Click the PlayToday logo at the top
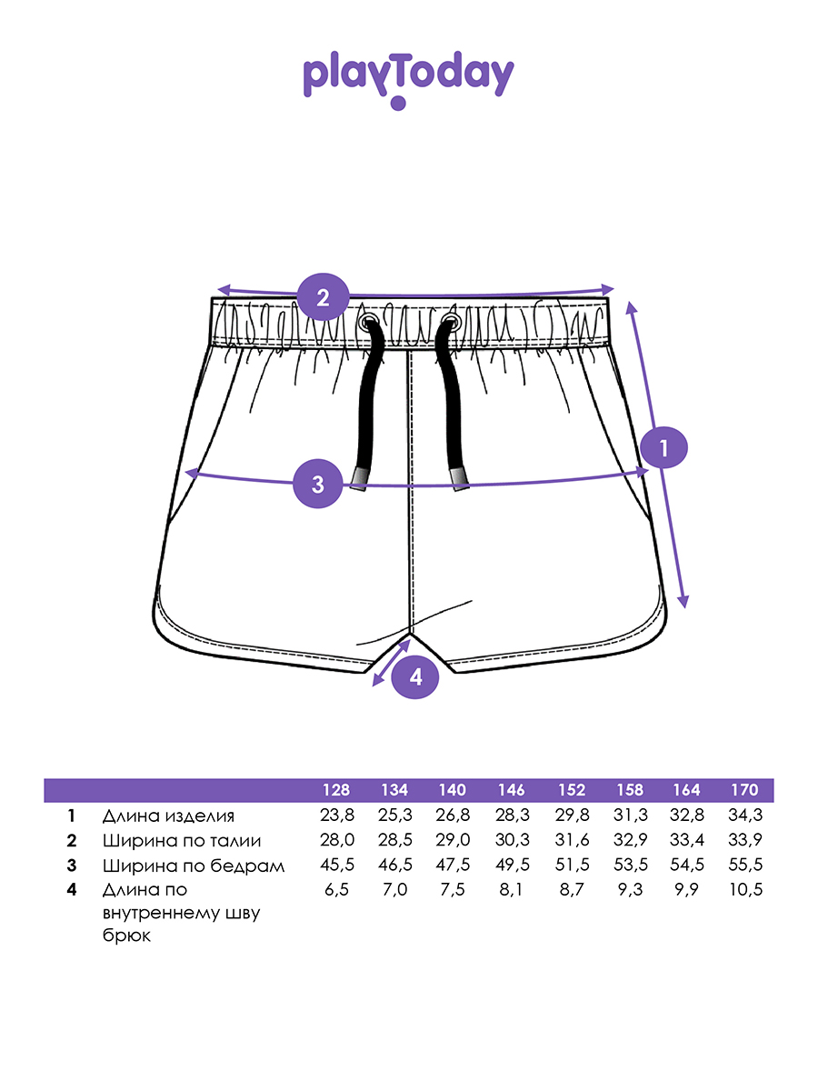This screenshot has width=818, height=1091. pos(408,79)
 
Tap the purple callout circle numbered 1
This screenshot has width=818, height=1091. pos(663,447)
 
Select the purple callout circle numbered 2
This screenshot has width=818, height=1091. pos(322,296)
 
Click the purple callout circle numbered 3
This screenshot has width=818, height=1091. pos(317,484)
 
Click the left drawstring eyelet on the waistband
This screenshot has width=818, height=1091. pos(369,322)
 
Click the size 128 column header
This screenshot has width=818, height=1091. pos(336,790)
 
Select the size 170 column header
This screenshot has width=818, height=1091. pos(745,790)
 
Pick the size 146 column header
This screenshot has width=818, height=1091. pos(512,790)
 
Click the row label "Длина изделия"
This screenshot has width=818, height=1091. pos(168,816)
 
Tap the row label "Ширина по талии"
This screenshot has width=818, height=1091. pos(182,841)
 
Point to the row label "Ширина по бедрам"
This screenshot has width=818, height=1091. pos(194,866)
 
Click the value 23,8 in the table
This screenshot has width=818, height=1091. pos(336,816)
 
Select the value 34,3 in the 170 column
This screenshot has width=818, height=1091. pos(745,816)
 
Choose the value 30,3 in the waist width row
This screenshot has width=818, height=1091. pos(512,841)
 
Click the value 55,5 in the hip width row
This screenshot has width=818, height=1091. pos(745,866)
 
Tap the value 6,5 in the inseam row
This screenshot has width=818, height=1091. pos(336,890)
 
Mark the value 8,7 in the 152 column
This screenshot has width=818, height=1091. pos(571,890)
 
